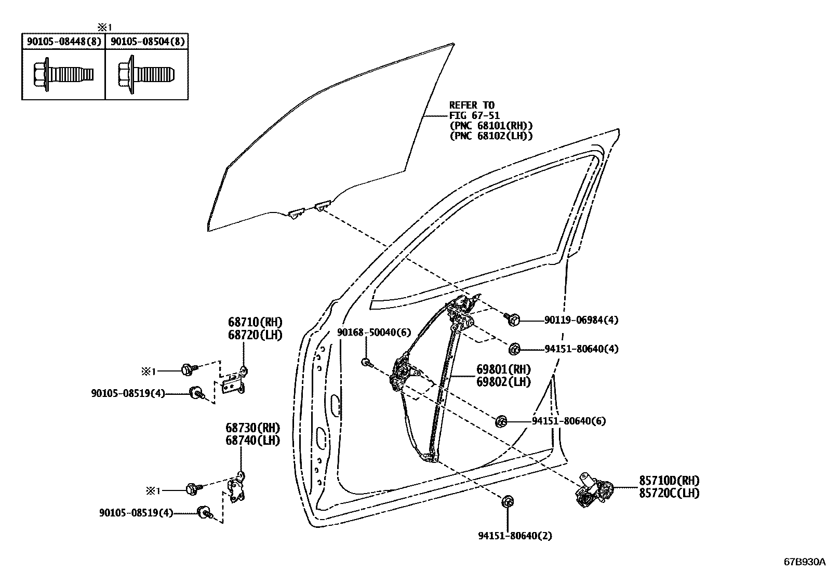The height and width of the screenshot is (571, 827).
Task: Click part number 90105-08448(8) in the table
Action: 63,42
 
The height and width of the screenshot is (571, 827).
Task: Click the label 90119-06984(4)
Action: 581,321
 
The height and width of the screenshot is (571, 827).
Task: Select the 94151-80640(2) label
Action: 515,536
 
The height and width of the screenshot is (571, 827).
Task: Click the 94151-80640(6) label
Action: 568,421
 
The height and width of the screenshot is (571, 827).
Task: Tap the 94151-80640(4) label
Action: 581,349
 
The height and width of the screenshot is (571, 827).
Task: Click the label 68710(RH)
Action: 255,323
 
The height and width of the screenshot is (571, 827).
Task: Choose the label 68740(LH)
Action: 252,441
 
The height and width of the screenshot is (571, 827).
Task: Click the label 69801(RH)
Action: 503,370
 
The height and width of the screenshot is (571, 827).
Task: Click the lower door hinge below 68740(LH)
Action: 236,489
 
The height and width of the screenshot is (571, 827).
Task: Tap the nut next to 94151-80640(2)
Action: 506,502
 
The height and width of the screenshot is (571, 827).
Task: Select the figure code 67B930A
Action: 804,562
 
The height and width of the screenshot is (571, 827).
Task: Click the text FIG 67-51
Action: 474,115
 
